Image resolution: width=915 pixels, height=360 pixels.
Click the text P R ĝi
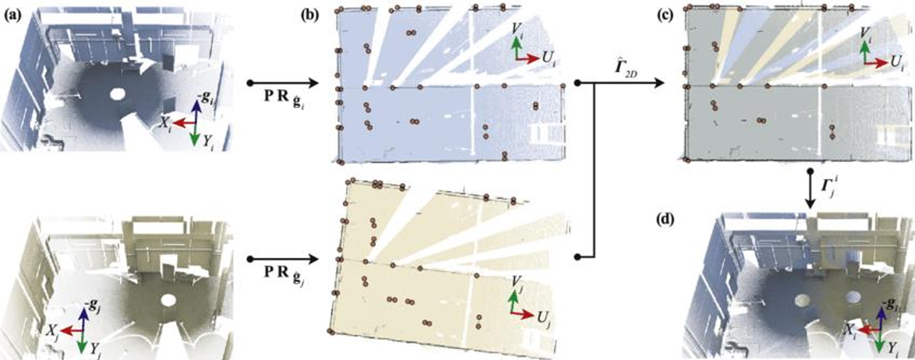[278, 97]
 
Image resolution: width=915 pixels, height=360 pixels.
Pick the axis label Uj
[542, 319]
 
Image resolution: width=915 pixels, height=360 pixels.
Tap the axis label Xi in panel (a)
[165, 122]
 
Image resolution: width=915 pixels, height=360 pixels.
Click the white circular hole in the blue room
[117, 94]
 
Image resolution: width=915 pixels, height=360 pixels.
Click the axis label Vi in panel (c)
[867, 32]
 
